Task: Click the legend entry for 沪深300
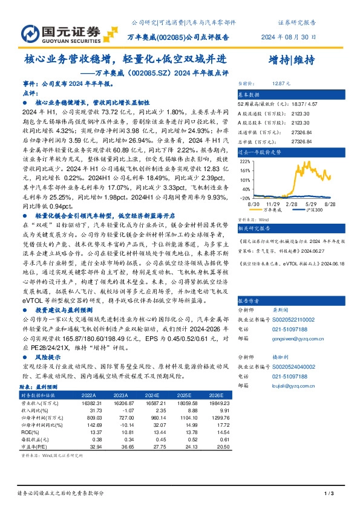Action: tap(312, 210)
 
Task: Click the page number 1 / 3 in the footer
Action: tap(330, 494)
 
